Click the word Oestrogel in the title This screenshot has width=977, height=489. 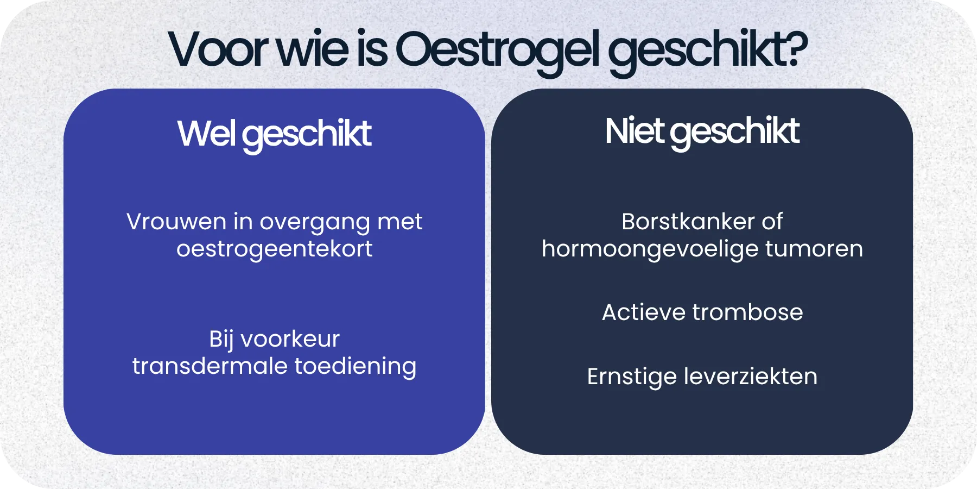(498, 50)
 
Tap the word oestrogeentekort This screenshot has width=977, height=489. (274, 249)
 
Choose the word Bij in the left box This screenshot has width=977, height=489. (221, 340)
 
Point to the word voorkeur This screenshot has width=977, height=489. (290, 339)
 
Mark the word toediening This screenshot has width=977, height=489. (356, 367)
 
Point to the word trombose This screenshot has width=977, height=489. (747, 312)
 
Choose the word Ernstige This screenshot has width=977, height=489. (631, 377)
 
